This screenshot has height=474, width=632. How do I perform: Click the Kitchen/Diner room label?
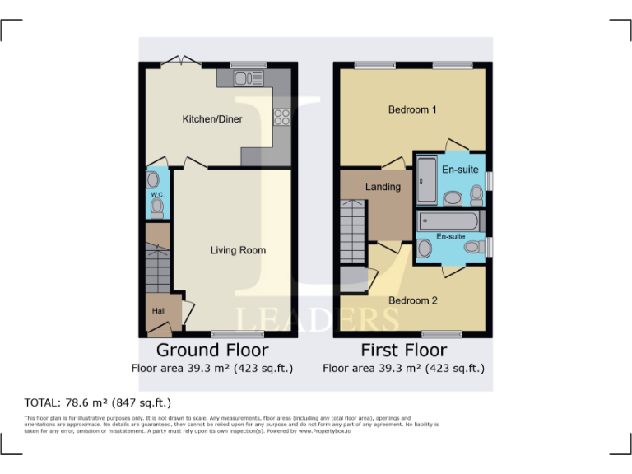coord(212,119)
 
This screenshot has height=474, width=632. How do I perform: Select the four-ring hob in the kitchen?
coord(282,117)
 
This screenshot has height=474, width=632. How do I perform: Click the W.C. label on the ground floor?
coord(155,194)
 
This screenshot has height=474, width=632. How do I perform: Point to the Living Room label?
coord(238,250)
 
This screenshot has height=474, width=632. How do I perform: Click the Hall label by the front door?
coord(158,311)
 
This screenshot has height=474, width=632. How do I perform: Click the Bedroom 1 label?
coord(412,109)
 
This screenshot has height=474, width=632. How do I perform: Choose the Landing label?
coord(383,187)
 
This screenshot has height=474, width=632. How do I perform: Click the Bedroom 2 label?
coord(413,300)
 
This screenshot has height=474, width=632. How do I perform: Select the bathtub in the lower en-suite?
coord(448,221)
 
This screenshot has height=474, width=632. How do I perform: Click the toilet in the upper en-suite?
coord(476,194)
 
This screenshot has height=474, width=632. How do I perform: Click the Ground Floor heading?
coord(212,351)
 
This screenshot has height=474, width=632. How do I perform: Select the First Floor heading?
coord(403,351)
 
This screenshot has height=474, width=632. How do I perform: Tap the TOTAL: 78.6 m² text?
coord(97,402)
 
